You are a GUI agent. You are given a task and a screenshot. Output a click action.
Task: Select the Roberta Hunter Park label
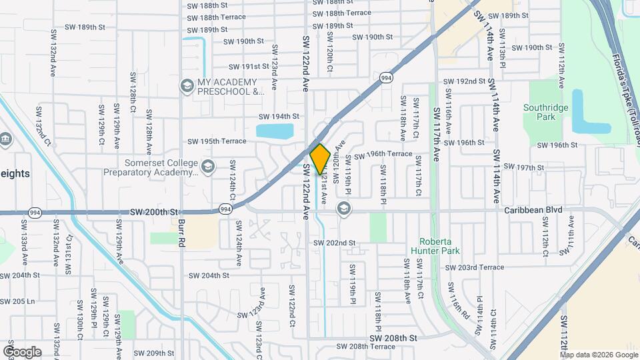(437, 247)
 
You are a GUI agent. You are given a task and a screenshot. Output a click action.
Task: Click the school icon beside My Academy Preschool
(187, 85)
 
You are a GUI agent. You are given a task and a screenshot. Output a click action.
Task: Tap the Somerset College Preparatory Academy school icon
(208, 166)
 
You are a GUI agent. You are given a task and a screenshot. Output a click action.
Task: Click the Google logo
(22, 351)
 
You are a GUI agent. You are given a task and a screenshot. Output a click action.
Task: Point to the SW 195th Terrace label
(217, 141)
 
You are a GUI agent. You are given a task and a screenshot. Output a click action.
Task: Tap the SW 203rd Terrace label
(475, 267)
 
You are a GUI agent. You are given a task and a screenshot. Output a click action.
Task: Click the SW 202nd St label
(335, 243)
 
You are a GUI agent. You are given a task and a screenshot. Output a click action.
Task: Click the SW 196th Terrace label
(383, 155)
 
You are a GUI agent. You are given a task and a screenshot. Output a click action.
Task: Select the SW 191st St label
(248, 67)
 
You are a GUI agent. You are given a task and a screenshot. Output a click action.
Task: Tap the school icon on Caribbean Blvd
(343, 209)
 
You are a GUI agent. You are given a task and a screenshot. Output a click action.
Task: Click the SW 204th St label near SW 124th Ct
(209, 275)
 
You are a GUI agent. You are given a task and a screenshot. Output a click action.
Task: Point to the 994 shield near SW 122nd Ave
(226, 209)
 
